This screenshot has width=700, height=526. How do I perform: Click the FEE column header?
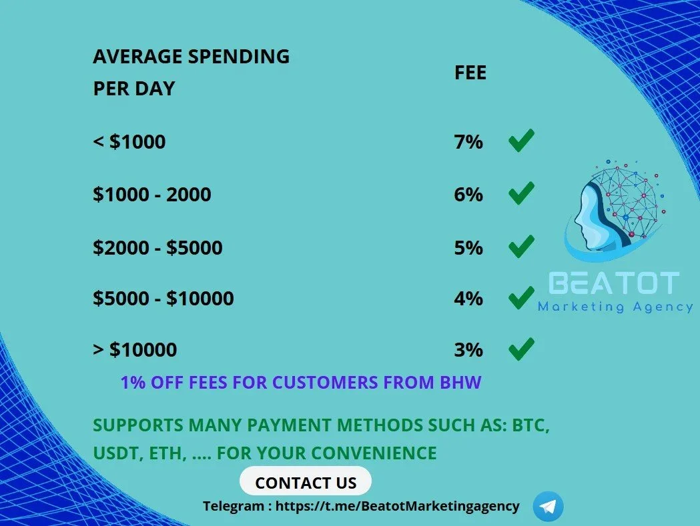coord(470,73)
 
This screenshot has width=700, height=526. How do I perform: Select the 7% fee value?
coord(468,142)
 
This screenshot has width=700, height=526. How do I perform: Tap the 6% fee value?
coord(468,195)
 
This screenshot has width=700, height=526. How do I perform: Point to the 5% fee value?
coord(468,247)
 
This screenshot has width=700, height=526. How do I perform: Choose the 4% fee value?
coord(468,299)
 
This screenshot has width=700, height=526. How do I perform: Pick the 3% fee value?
coord(468,350)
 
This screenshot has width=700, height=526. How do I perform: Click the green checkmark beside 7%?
coord(521,141)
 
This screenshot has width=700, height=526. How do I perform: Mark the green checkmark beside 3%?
coord(521,349)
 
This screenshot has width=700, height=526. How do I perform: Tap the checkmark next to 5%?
coord(521,246)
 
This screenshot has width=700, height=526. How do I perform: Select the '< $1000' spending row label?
coord(129,142)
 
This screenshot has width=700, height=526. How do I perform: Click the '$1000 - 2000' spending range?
coord(151,195)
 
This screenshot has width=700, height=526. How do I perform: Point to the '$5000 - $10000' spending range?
coord(163,299)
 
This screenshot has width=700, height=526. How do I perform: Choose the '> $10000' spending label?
coord(135,350)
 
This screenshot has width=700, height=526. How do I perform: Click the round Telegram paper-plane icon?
coord(549,507)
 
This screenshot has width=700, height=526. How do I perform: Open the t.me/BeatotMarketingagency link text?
coord(397,507)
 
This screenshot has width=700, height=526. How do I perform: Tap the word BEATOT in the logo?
coord(614,283)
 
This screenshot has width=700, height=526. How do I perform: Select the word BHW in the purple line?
coord(460,383)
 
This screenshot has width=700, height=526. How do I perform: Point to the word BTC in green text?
coord(531,425)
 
